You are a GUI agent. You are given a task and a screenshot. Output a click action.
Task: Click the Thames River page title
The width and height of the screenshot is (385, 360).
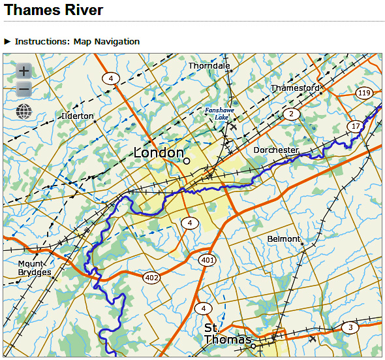coord(54,10)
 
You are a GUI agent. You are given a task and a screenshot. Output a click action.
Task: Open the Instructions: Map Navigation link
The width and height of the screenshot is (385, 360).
coord(77,41)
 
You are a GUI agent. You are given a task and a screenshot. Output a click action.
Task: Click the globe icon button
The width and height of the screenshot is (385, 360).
coord(23,112)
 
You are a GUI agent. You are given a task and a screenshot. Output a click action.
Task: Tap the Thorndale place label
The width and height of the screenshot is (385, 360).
coord(209,66)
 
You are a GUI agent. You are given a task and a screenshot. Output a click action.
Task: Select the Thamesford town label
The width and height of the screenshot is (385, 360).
coord(295,88)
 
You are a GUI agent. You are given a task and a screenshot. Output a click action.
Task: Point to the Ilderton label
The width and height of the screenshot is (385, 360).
coord(77,116)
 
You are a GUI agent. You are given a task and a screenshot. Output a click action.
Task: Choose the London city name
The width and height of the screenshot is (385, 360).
coord(159,153)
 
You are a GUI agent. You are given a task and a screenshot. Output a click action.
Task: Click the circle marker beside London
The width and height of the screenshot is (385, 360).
coord(187,160)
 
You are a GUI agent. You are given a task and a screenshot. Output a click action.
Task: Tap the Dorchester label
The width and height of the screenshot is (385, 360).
coord(275,150)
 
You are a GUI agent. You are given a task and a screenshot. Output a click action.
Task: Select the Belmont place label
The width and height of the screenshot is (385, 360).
coord(284,239)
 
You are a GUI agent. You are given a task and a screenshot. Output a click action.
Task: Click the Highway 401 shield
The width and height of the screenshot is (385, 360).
coord(208,261)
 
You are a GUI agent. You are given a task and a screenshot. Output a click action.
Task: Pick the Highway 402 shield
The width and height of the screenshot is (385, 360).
coord(152,278)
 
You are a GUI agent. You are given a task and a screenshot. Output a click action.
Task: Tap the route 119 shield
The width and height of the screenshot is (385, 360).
coord(364,93)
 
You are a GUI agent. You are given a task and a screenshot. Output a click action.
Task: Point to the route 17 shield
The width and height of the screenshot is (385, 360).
coord(355,125)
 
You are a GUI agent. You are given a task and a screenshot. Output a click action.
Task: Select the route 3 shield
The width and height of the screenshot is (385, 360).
coord(350,327)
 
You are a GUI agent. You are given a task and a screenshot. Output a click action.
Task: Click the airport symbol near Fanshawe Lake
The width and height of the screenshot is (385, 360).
coord(233,127)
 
